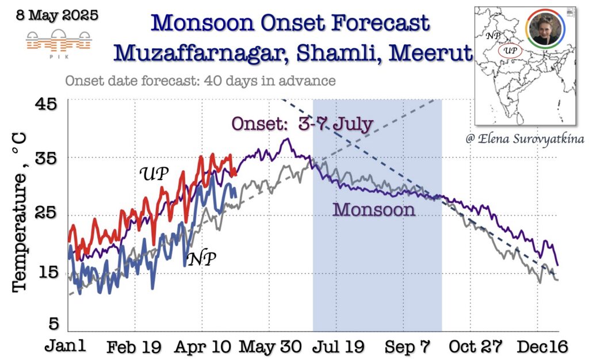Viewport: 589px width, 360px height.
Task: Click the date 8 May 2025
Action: pyautogui.click(x=57, y=16)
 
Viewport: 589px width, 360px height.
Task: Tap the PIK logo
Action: pyautogui.click(x=59, y=44)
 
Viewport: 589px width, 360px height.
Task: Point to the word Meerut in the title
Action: pyautogui.click(x=430, y=53)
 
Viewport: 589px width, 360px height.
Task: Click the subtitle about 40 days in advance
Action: pyautogui.click(x=200, y=81)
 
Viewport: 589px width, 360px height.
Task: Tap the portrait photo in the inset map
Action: pyautogui.click(x=545, y=29)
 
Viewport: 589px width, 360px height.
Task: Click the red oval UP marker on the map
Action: pyautogui.click(x=510, y=51)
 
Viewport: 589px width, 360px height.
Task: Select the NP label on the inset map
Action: pyautogui.click(x=493, y=36)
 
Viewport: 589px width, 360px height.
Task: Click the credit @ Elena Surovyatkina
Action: pyautogui.click(x=525, y=139)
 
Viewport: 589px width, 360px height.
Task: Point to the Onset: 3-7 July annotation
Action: pyautogui.click(x=302, y=124)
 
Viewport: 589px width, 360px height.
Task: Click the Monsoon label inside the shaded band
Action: pyautogui.click(x=374, y=209)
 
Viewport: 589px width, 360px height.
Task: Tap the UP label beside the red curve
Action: pyautogui.click(x=154, y=174)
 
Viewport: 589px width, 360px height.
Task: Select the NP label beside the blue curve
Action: pyautogui.click(x=202, y=259)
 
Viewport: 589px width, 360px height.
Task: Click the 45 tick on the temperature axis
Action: pyautogui.click(x=46, y=104)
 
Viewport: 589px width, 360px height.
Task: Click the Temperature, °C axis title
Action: pyautogui.click(x=20, y=212)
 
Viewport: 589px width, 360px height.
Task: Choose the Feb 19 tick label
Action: pyautogui.click(x=133, y=347)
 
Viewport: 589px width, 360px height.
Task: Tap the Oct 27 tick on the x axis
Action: pyautogui.click(x=475, y=347)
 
